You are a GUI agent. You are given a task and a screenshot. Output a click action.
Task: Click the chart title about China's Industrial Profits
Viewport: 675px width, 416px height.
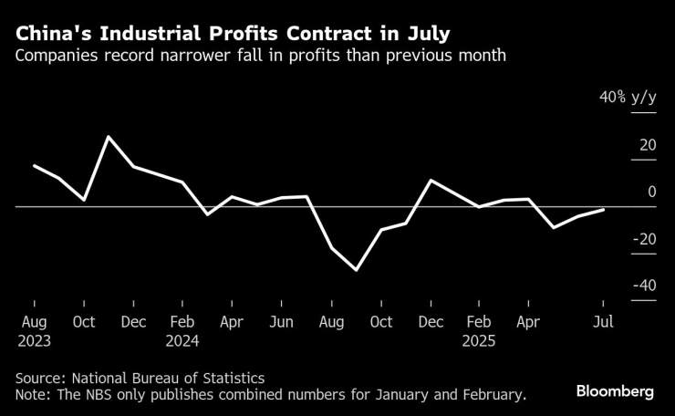pyautogui.click(x=232, y=35)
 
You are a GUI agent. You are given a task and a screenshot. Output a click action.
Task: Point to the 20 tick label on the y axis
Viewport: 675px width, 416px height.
pyautogui.click(x=647, y=145)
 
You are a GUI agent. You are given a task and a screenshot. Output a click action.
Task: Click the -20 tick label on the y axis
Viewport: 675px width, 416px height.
pyautogui.click(x=643, y=239)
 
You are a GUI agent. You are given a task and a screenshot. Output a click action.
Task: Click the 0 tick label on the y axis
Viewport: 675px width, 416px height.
pyautogui.click(x=651, y=192)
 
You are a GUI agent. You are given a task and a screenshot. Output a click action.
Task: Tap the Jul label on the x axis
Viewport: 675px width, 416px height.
pyautogui.click(x=602, y=322)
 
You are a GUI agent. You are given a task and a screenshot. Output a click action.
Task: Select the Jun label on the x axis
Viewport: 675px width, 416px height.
pyautogui.click(x=282, y=322)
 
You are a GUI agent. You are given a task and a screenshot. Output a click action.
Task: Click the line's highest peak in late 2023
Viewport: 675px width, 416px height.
pyautogui.click(x=109, y=137)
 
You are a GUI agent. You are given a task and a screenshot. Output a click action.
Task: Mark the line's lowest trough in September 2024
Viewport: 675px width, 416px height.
pyautogui.click(x=356, y=270)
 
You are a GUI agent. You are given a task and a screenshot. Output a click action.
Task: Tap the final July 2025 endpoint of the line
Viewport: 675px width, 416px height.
pyautogui.click(x=603, y=210)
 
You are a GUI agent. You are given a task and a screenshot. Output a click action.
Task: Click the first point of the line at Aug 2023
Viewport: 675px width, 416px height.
pyautogui.click(x=34, y=166)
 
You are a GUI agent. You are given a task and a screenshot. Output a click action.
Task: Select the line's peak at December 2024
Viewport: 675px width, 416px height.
pyautogui.click(x=430, y=180)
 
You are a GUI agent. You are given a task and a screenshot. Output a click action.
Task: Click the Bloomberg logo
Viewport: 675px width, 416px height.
pyautogui.click(x=615, y=390)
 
